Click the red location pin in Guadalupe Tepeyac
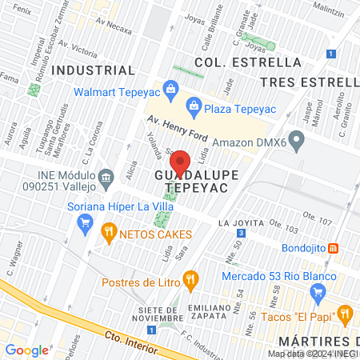click(x=180, y=163)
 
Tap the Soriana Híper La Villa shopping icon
click(x=83, y=225)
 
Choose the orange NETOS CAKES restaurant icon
click(x=109, y=234)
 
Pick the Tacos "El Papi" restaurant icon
click(x=346, y=313)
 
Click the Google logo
click(x=26, y=350)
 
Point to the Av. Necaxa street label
click(x=112, y=26)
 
